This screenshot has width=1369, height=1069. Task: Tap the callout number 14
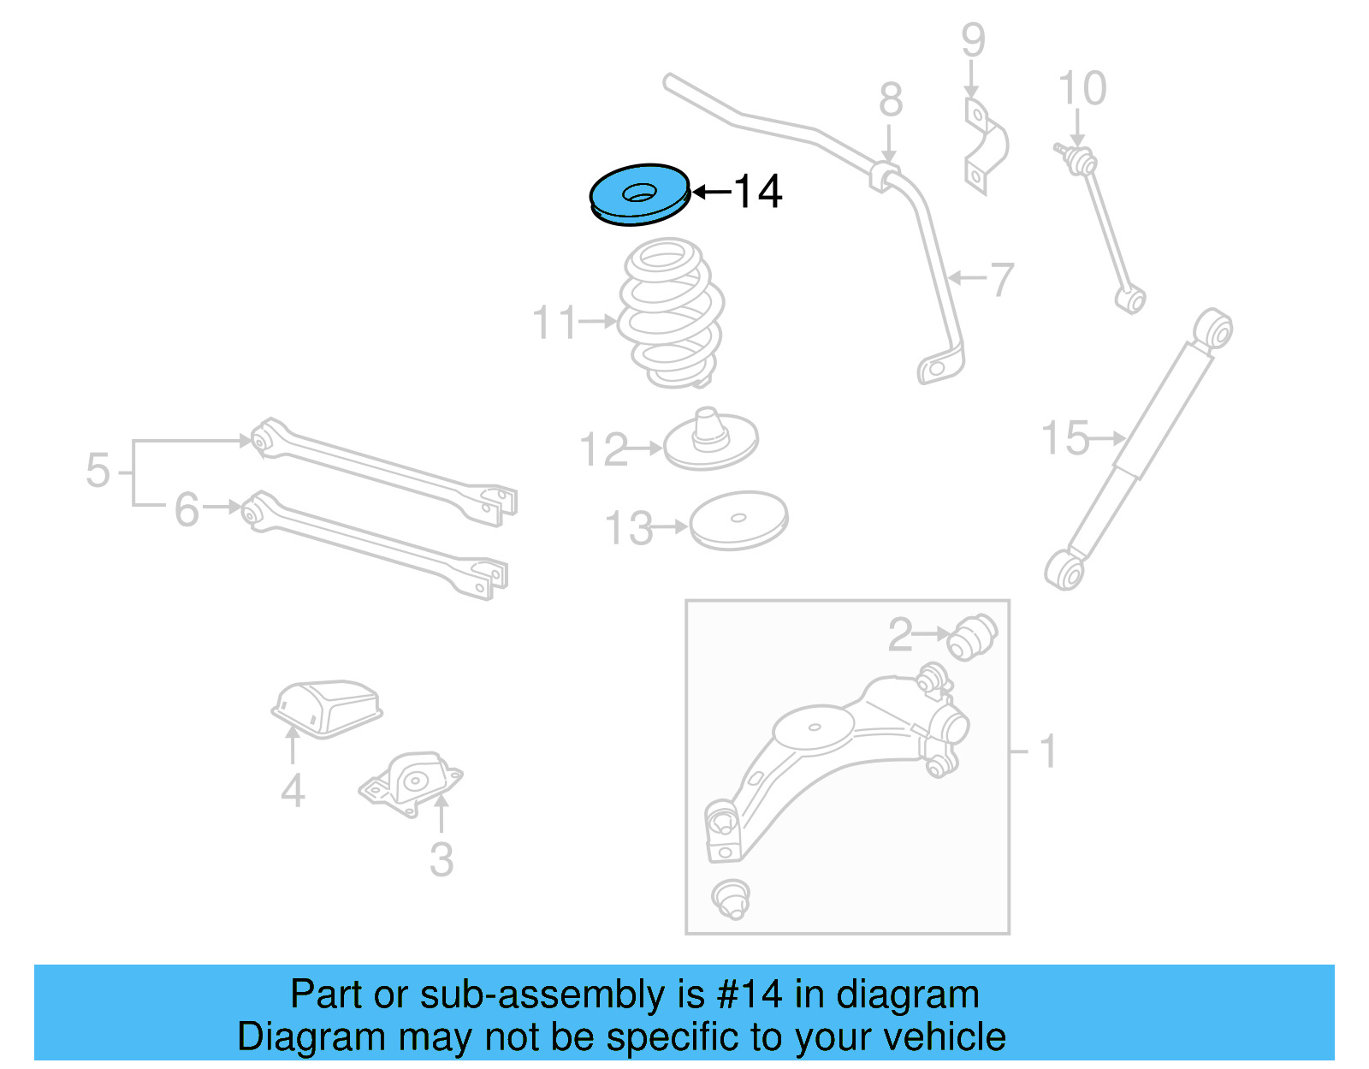pyautogui.click(x=758, y=192)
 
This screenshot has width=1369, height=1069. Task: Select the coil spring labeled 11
pyautogui.click(x=672, y=313)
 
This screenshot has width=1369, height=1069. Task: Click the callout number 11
pyautogui.click(x=554, y=323)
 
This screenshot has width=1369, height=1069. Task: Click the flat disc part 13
pyautogui.click(x=738, y=520)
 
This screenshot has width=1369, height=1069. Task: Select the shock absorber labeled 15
pyautogui.click(x=1138, y=449)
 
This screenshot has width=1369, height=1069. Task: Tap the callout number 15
pyautogui.click(x=1065, y=438)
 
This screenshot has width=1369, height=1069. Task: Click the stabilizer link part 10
pyautogui.click(x=1104, y=227)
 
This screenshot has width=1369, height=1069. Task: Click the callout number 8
pyautogui.click(x=891, y=100)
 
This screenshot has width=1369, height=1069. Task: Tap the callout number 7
pyautogui.click(x=1001, y=279)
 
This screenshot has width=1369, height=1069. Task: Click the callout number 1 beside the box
pyautogui.click(x=1047, y=752)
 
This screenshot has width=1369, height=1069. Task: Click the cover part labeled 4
pyautogui.click(x=327, y=706)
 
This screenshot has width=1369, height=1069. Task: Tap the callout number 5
pyautogui.click(x=98, y=472)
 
